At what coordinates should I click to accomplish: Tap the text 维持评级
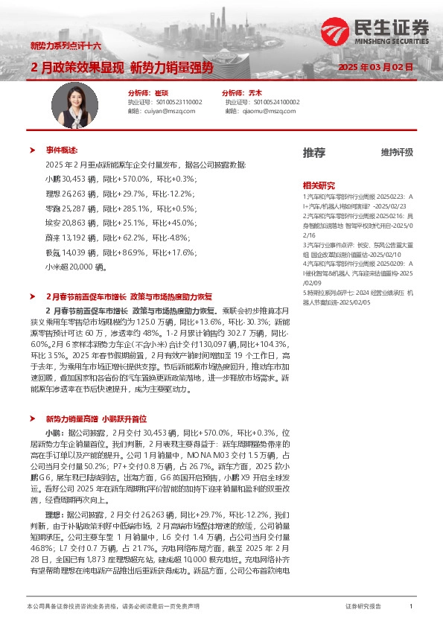(x=397, y=152)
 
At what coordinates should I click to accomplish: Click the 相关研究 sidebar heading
(x=319, y=185)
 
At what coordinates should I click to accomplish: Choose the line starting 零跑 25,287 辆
(x=119, y=208)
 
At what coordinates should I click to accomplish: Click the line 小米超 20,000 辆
(x=76, y=265)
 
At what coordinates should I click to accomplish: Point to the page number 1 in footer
(x=411, y=607)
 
